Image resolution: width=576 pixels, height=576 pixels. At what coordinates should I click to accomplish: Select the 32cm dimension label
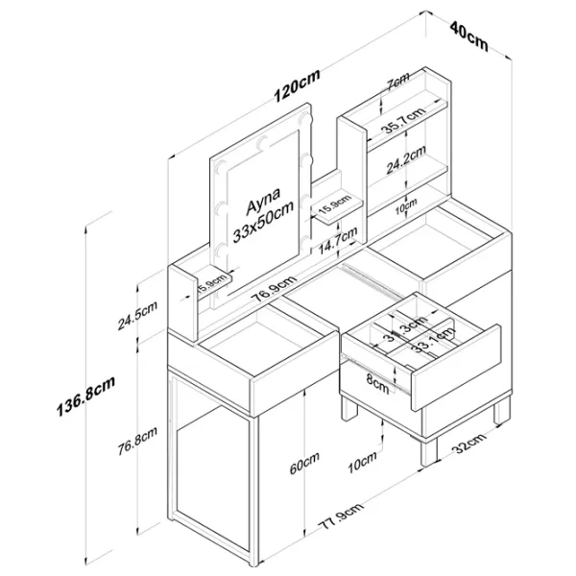coord(467,445)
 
